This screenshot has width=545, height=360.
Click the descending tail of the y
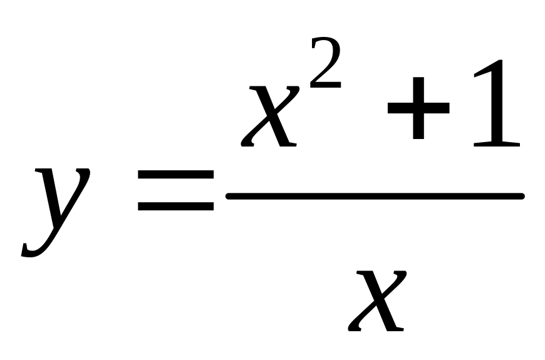(x=38, y=247)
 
